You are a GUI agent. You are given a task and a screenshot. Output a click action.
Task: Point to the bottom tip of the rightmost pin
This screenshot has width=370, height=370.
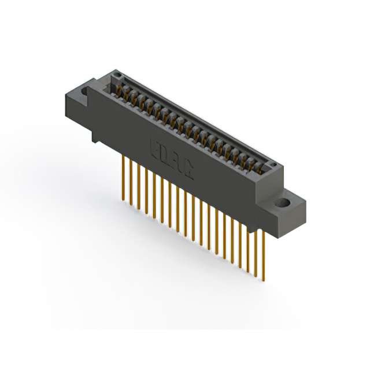pyautogui.click(x=264, y=280)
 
